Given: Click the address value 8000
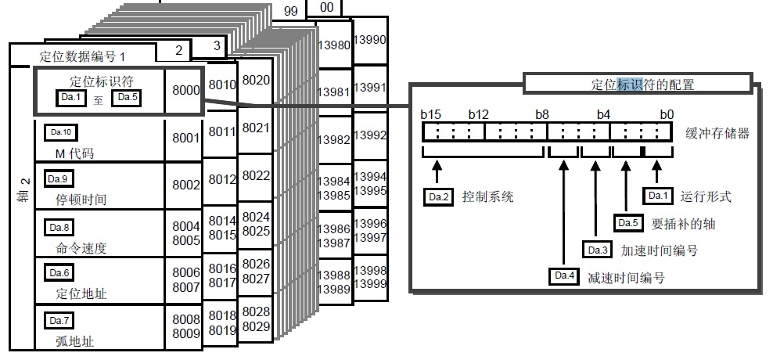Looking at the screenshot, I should point(185,91).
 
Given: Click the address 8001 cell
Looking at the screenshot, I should point(185,139).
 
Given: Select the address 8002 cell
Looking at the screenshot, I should point(185,185).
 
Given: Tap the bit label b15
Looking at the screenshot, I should point(431,114).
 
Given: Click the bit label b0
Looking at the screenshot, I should point(666,114).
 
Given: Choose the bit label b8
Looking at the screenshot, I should point(541,114).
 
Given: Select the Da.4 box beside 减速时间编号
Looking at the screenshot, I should point(564,276).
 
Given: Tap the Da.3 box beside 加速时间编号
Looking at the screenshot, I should point(597,250).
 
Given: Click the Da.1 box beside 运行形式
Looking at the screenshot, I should point(657,196).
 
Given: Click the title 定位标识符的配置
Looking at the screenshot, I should point(642,84).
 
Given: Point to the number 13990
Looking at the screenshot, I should point(369,39).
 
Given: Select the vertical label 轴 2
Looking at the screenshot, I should point(24,192).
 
